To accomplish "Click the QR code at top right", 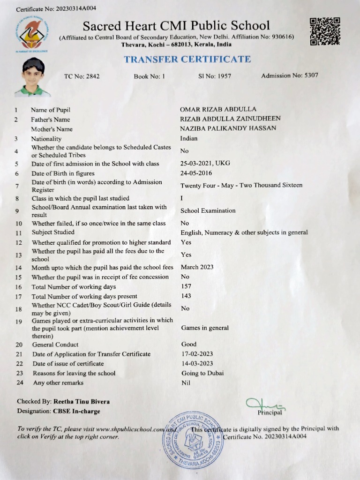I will (x=324, y=31).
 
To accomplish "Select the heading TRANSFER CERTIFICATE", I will (x=187, y=60).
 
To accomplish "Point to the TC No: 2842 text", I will (x=82, y=76).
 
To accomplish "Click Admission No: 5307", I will (x=289, y=75).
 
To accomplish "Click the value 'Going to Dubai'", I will (x=202, y=373).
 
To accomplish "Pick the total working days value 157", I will (x=186, y=286).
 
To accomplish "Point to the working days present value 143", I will (x=186, y=296).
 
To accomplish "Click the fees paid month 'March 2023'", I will (x=197, y=267).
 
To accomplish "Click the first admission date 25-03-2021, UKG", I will (x=205, y=164).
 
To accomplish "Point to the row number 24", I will (x=19, y=383).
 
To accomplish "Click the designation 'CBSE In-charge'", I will (x=76, y=411).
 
